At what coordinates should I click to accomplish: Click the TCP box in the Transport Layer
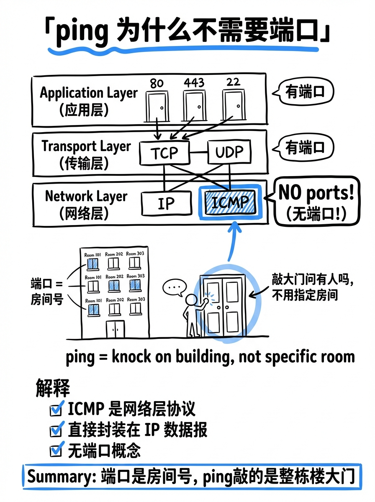[x=164, y=153]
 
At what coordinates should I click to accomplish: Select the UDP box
[x=230, y=152]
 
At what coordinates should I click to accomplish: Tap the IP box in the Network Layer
[x=166, y=203]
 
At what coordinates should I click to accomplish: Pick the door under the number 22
[x=233, y=105]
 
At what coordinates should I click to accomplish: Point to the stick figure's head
[x=191, y=300]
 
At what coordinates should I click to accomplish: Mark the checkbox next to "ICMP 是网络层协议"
[x=55, y=410]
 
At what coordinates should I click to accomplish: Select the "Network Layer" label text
[x=86, y=196]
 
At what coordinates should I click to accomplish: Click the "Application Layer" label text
[x=88, y=92]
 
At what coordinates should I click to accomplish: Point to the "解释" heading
[x=53, y=388]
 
